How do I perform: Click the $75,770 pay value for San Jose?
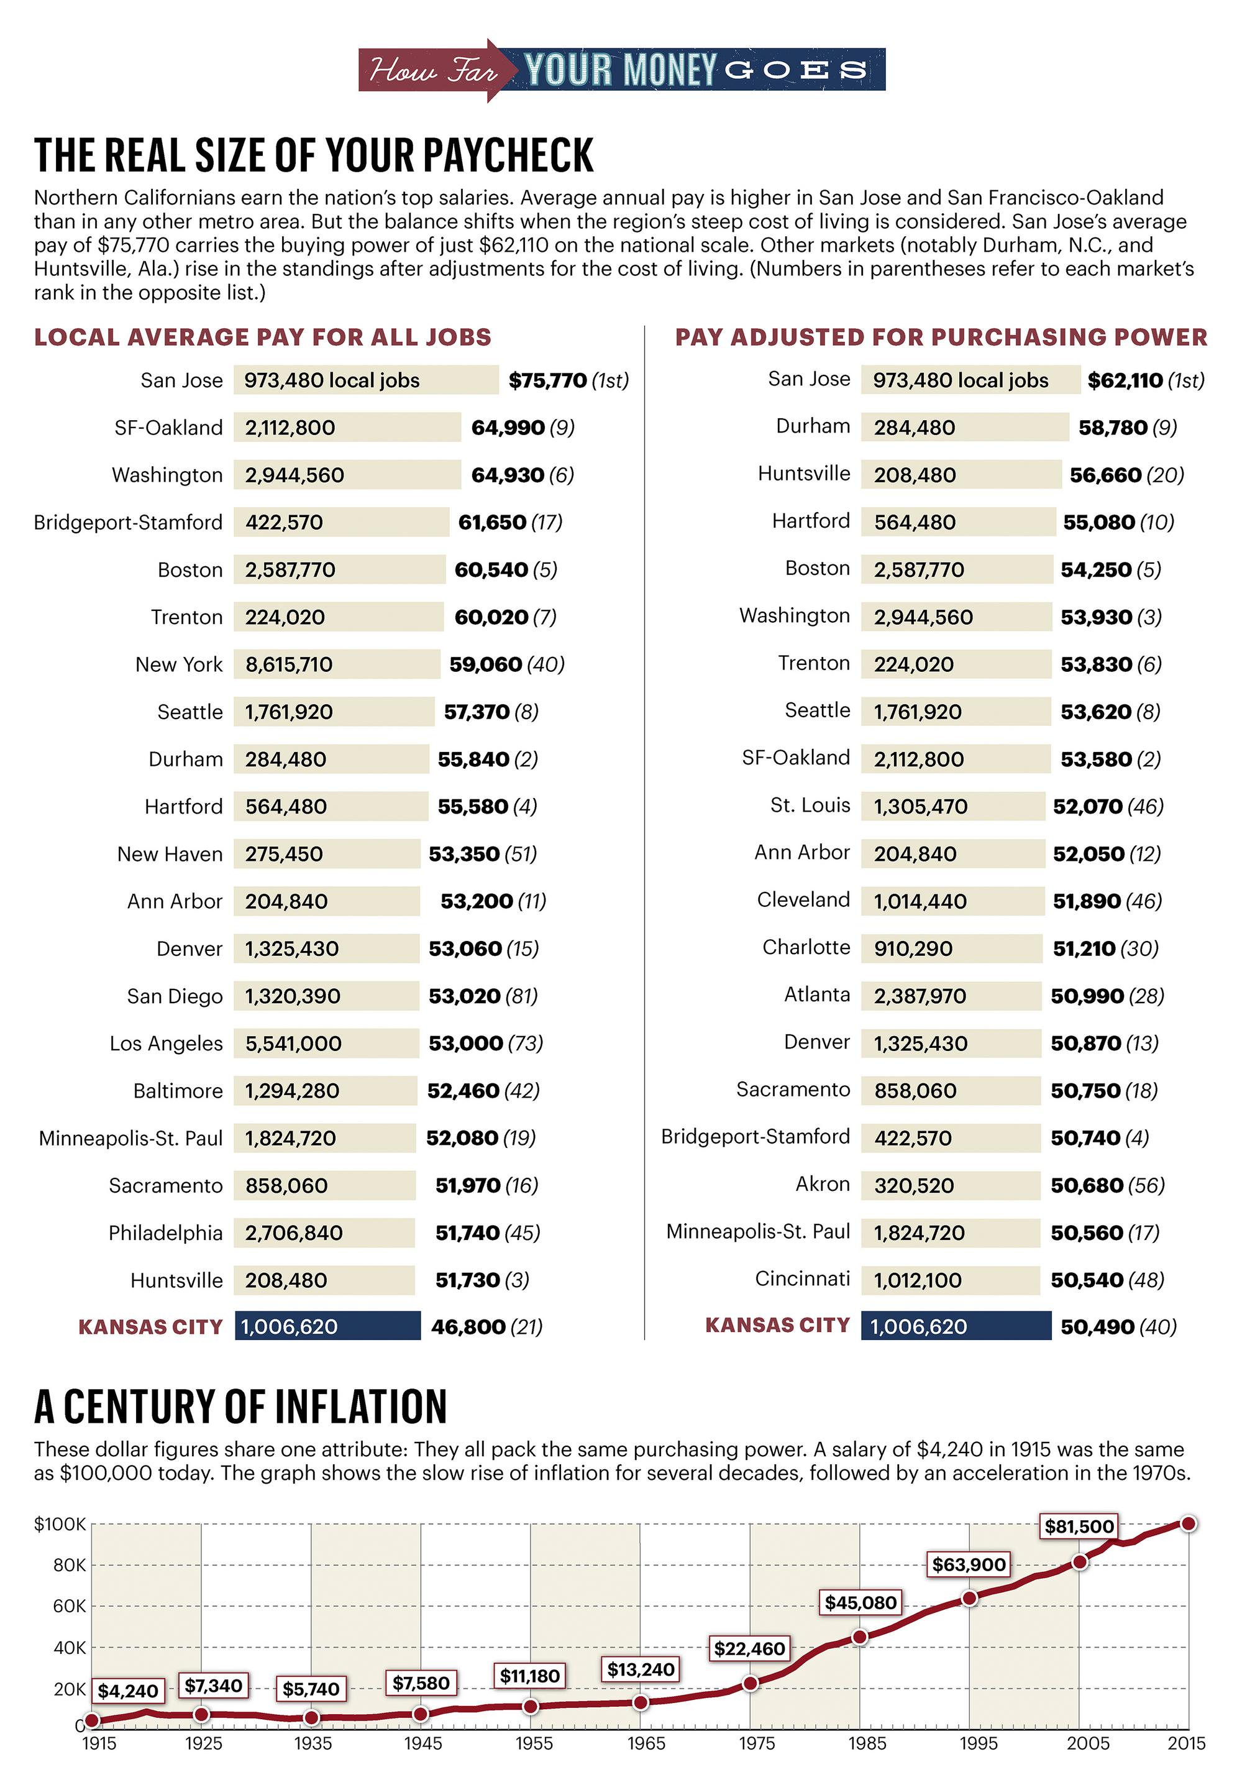click(x=548, y=380)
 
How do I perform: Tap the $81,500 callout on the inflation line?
click(x=1079, y=1526)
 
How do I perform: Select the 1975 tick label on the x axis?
click(x=757, y=1743)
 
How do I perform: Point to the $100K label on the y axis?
click(x=60, y=1524)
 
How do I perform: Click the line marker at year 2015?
click(x=1188, y=1523)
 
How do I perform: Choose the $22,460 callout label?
click(x=749, y=1648)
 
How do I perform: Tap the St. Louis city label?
click(x=810, y=805)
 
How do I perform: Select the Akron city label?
click(x=823, y=1184)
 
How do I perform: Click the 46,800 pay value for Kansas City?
click(x=468, y=1327)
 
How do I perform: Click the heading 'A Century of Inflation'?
click(x=241, y=1407)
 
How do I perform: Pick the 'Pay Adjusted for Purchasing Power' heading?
click(x=941, y=337)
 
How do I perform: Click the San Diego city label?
click(x=175, y=996)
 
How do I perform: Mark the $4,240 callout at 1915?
click(x=128, y=1691)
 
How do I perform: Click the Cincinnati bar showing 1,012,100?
click(x=950, y=1280)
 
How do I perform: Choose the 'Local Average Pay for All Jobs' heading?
click(x=263, y=337)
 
